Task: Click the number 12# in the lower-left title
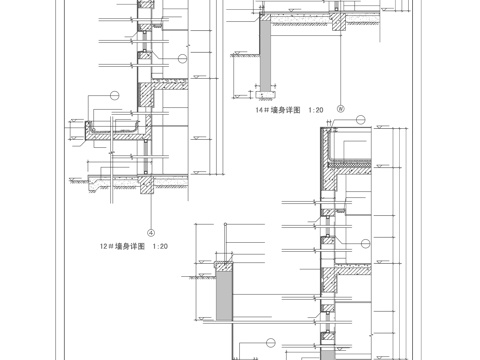click(x=105, y=244)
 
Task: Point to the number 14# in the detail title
click(x=262, y=111)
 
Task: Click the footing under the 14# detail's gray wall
click(x=265, y=89)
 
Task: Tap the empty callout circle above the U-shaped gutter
click(x=113, y=95)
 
